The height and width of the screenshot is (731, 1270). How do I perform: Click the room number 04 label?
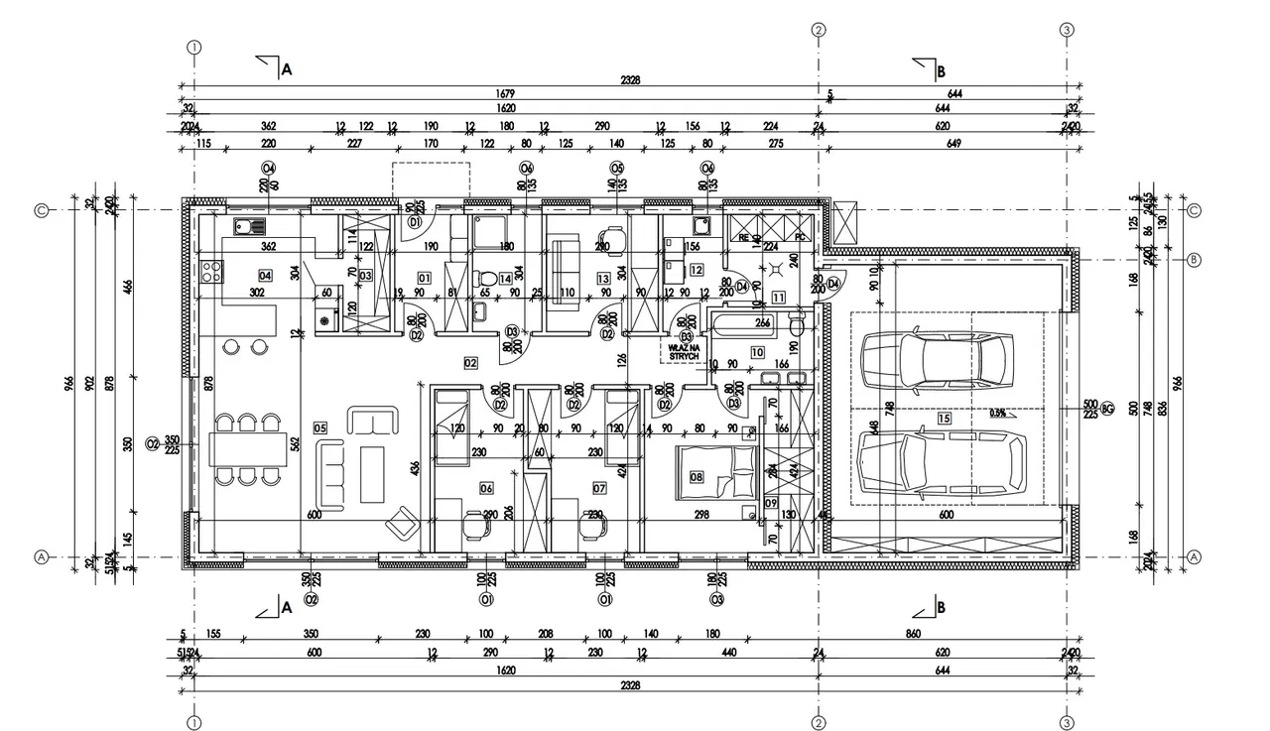tap(265, 275)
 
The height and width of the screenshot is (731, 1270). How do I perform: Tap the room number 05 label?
tap(319, 427)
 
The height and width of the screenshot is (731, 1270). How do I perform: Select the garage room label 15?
tap(944, 419)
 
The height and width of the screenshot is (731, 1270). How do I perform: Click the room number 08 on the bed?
tap(697, 477)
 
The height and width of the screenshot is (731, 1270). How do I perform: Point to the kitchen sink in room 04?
tap(248, 227)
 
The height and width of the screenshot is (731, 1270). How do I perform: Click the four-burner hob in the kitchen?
tap(211, 271)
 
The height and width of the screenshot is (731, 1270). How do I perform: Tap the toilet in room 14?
tap(483, 279)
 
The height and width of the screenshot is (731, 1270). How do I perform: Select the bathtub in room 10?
tap(753, 322)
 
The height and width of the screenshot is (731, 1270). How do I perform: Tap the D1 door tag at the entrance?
tap(415, 222)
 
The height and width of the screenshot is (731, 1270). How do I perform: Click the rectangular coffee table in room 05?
tap(372, 472)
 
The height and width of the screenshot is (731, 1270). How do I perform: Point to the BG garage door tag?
tap(1107, 408)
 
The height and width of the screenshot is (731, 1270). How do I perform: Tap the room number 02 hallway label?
tap(470, 362)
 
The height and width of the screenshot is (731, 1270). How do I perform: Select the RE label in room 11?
tap(743, 238)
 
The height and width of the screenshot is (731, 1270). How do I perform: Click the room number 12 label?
tap(697, 269)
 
